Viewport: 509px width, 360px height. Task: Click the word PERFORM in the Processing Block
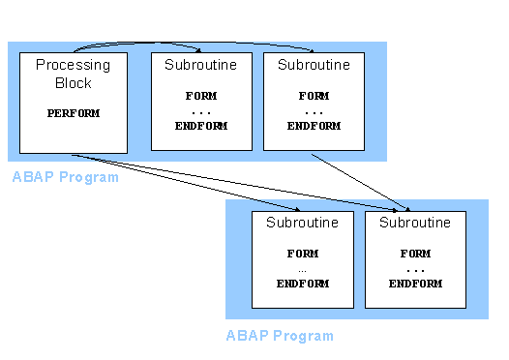click(74, 113)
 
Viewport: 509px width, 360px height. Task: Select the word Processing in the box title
click(74, 66)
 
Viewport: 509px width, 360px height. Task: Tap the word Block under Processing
click(74, 83)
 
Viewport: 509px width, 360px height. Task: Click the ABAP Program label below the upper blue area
click(66, 177)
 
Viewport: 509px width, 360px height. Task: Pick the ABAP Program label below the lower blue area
click(280, 336)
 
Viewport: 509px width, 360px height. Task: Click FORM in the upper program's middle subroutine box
click(201, 97)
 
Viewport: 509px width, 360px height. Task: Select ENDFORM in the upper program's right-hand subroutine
click(314, 126)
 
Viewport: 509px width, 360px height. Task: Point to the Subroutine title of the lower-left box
click(302, 223)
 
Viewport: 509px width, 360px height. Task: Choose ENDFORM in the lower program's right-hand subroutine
click(415, 284)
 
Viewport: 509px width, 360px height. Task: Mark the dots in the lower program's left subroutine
click(302, 268)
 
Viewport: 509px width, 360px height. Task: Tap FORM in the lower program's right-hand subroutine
click(415, 254)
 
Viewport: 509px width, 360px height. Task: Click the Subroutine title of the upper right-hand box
click(314, 65)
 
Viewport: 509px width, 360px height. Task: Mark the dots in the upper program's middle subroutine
click(201, 111)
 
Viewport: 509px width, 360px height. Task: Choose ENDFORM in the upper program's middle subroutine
click(201, 126)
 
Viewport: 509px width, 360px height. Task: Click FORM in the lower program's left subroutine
click(302, 254)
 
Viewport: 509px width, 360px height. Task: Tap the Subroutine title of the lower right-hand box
click(415, 223)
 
